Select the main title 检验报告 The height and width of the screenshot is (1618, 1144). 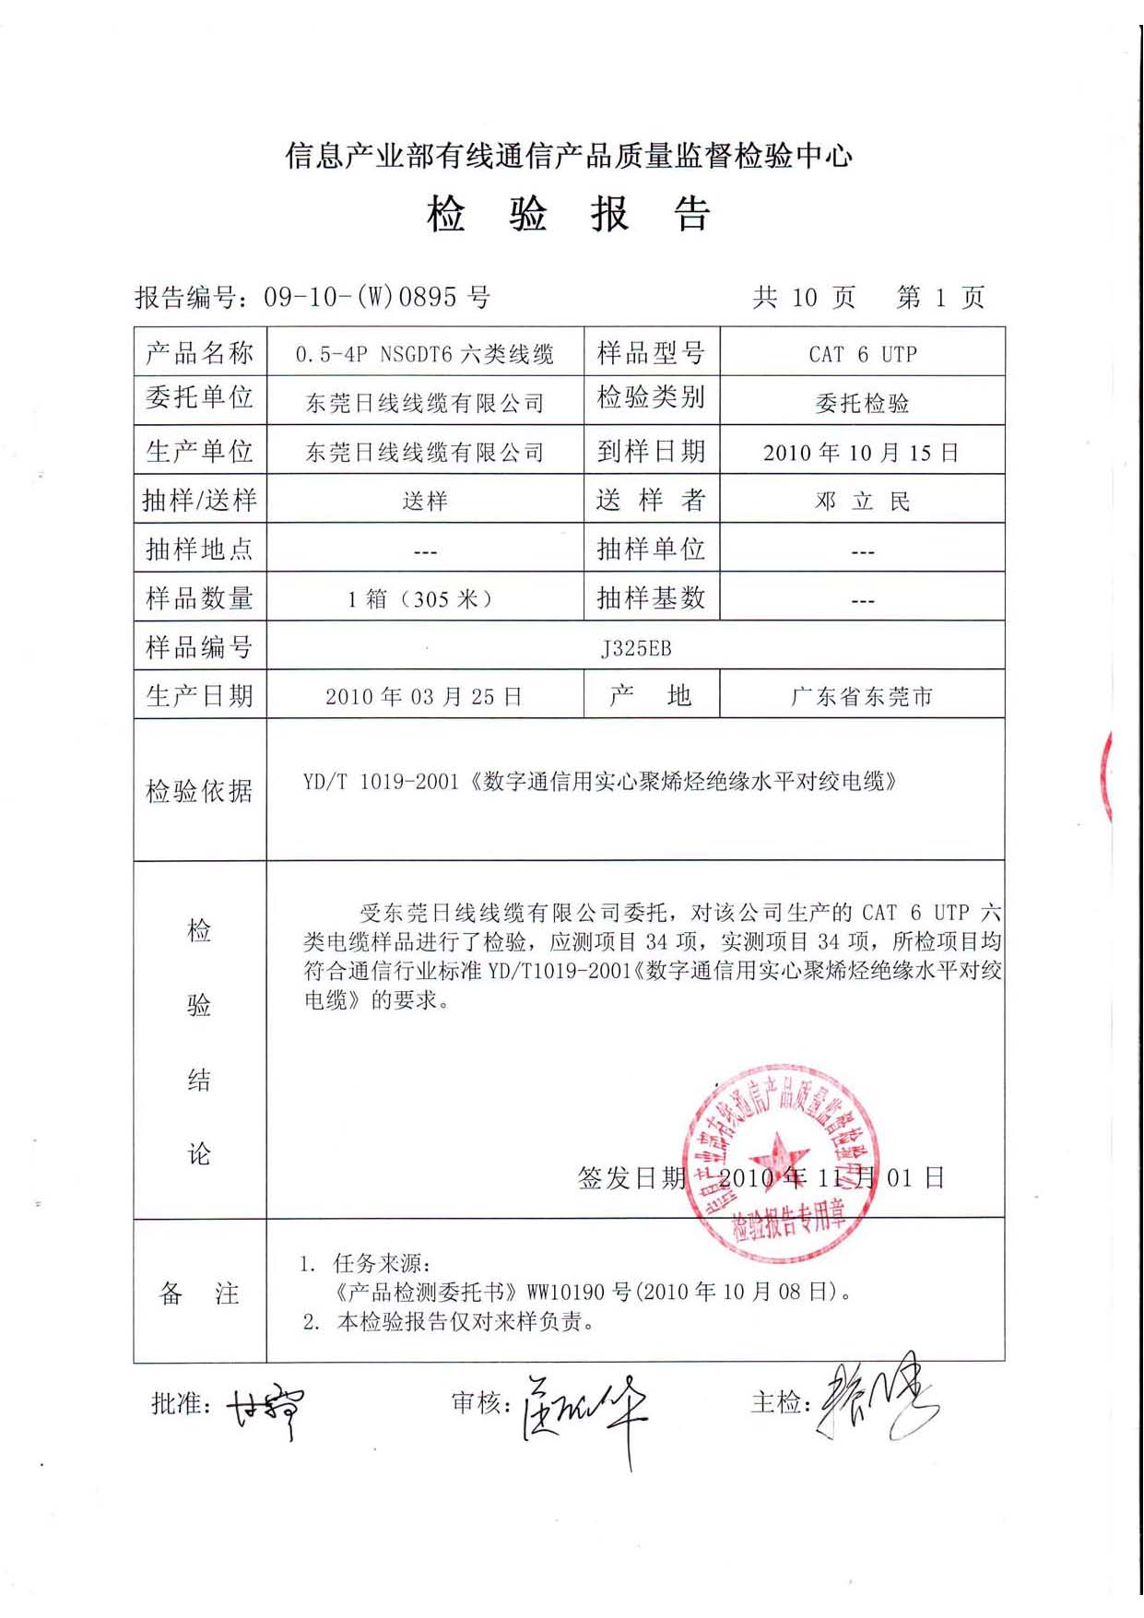click(568, 215)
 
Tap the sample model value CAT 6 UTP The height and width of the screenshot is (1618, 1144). click(862, 354)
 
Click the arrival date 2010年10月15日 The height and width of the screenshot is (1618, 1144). click(861, 453)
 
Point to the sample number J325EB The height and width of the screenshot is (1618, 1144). click(635, 648)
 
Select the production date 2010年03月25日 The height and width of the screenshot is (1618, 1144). click(424, 697)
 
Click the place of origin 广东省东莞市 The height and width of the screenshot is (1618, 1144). click(861, 697)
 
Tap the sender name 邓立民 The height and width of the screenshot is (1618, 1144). click(862, 502)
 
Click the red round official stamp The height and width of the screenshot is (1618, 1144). click(781, 1164)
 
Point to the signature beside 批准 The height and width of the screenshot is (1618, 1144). click(265, 1408)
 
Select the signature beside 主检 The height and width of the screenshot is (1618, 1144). click(876, 1401)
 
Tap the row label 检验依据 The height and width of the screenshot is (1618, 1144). click(199, 791)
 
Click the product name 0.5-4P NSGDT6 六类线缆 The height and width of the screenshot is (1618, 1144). click(424, 354)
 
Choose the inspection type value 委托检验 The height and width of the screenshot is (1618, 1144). click(861, 403)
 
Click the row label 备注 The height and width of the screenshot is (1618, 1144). click(199, 1293)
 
